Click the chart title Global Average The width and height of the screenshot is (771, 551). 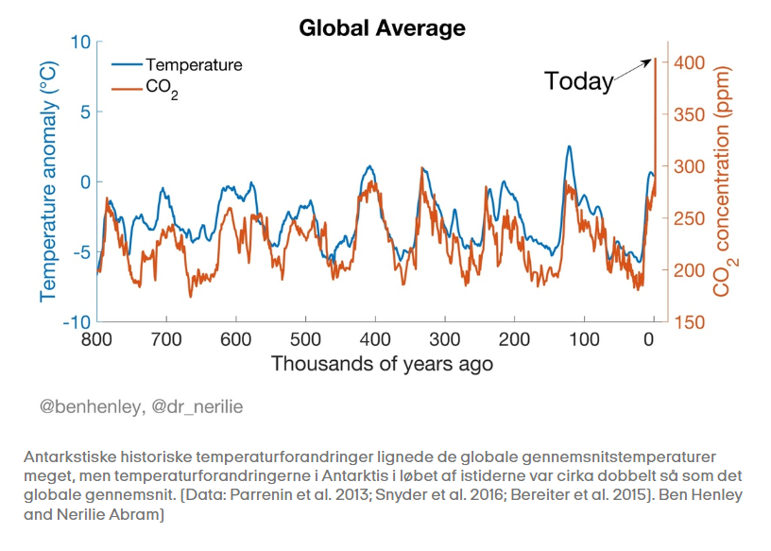(382, 28)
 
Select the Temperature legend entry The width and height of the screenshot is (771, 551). (193, 65)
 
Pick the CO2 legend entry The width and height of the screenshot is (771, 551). (162, 91)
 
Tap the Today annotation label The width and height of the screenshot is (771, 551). (579, 81)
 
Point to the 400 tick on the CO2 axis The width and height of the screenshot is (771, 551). (689, 62)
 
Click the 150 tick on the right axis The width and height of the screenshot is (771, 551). (689, 321)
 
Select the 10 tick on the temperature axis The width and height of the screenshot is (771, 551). (79, 43)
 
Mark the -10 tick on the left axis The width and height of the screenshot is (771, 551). (76, 321)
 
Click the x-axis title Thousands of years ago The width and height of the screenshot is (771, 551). (382, 364)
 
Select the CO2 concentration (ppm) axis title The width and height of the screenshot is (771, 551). (725, 182)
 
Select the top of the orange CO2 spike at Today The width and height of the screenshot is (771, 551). (655, 59)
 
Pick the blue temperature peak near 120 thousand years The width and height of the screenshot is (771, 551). (569, 146)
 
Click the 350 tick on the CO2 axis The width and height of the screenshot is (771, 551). (689, 114)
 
